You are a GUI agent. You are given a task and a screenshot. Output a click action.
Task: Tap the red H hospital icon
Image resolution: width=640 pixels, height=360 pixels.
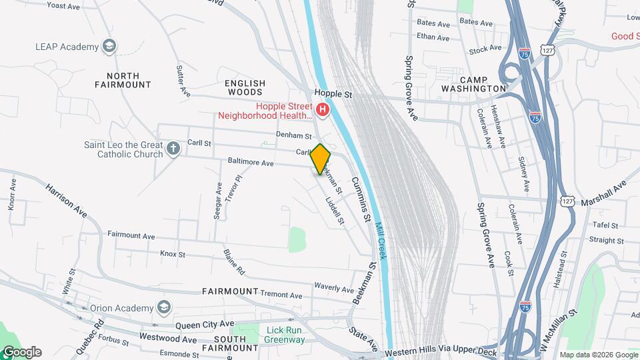click(323, 109)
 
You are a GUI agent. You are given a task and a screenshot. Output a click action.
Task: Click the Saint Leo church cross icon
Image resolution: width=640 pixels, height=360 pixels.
click(173, 148)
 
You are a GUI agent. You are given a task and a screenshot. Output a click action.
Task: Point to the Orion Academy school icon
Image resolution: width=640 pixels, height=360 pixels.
click(163, 307)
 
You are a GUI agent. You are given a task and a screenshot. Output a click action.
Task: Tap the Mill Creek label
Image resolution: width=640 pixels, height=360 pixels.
click(381, 241)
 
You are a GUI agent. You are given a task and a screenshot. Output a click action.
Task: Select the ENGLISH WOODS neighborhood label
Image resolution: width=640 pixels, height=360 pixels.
click(245, 88)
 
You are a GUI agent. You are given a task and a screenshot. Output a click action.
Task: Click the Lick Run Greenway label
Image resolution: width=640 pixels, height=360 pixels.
click(285, 335)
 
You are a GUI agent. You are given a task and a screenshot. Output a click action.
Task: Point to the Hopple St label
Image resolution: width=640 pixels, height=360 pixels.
click(333, 95)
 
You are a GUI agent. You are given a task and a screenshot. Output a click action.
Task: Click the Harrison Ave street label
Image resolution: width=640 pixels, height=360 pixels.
click(67, 201)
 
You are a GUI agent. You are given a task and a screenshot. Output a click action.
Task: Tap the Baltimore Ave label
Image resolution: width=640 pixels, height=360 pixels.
click(251, 163)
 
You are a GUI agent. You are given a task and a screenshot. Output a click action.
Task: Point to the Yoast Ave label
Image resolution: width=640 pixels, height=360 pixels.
click(63, 6)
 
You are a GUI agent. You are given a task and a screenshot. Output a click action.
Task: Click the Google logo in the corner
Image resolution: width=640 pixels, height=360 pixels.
click(21, 352)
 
